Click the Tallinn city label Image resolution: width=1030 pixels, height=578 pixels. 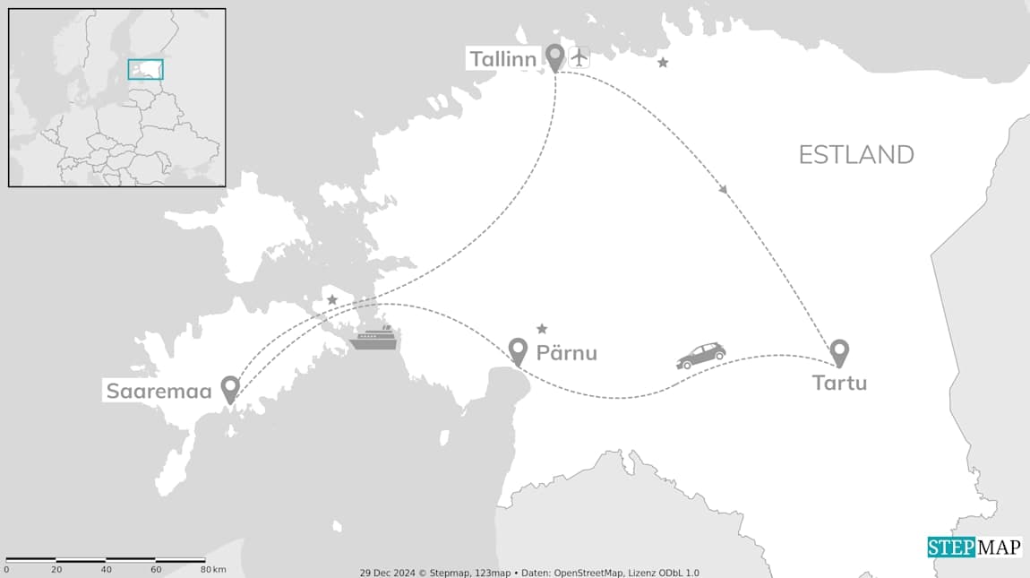click(x=502, y=60)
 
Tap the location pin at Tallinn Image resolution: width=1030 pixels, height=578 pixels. click(x=555, y=57)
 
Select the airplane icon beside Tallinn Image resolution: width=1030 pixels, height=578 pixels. click(x=579, y=56)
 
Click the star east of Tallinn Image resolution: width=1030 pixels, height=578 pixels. click(x=663, y=63)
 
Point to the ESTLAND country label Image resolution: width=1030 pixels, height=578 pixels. click(x=856, y=155)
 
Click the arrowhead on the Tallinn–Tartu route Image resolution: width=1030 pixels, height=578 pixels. click(x=724, y=190)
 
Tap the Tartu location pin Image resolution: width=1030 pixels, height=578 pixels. click(x=839, y=352)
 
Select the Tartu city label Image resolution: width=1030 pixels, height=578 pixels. click(x=839, y=384)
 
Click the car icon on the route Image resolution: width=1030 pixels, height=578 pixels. click(x=701, y=355)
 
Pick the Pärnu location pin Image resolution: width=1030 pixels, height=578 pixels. click(x=518, y=351)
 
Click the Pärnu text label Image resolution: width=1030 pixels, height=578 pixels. click(x=566, y=353)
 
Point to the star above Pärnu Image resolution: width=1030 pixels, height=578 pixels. click(x=542, y=329)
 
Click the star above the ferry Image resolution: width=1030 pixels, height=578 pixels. click(x=332, y=299)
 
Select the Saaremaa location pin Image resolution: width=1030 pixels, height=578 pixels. click(x=230, y=389)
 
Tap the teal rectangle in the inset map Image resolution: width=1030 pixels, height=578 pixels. click(x=145, y=69)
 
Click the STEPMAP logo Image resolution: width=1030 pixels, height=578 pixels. click(x=974, y=547)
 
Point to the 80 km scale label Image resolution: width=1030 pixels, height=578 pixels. click(x=213, y=570)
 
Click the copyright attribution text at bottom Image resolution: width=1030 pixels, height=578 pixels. click(x=529, y=573)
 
